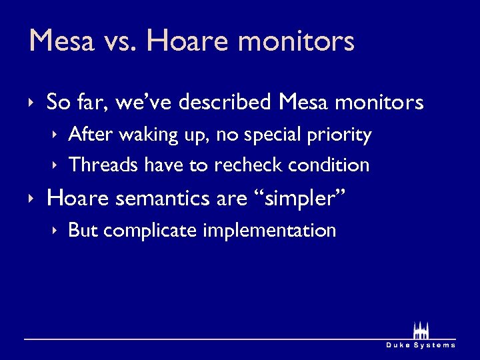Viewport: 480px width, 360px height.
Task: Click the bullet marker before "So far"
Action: click(31, 103)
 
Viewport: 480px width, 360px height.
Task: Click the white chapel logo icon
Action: click(421, 331)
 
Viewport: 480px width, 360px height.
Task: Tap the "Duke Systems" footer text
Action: click(421, 345)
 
